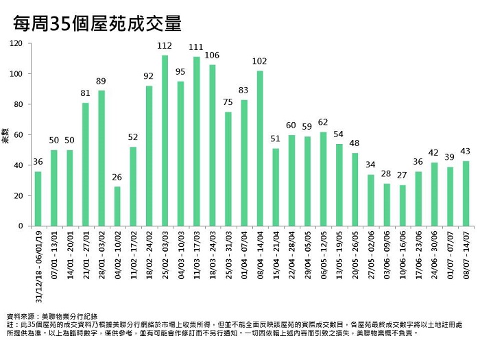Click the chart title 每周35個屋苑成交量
coord(97,24)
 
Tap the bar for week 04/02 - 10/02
coord(117,206)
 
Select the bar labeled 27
coord(403,205)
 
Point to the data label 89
coord(101,81)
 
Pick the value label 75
coord(228,102)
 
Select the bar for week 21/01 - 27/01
coord(86,165)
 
